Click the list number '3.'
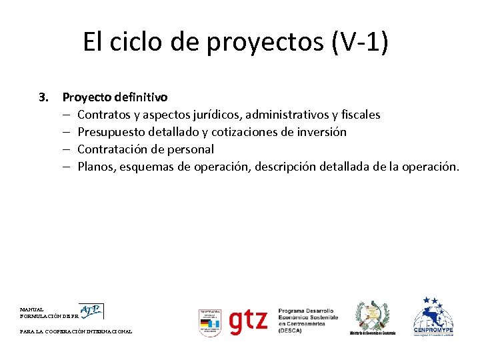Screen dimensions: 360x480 pos(45,97)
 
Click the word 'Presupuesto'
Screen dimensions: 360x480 pos(111,132)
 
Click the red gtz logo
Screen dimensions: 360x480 pos(248,321)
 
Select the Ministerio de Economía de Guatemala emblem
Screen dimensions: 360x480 pos(373,317)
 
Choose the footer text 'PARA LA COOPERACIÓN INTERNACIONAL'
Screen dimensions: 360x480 pos(76,331)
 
